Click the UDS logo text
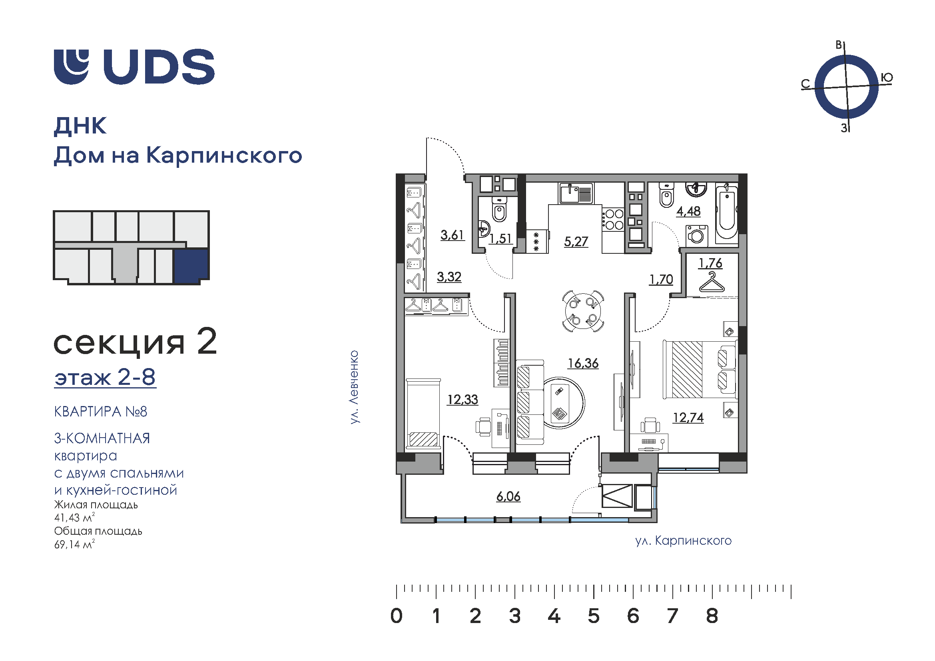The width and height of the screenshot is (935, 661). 159,67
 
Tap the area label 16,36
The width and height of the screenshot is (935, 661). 583,363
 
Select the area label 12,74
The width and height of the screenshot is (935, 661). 688,418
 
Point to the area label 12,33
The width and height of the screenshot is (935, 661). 463,400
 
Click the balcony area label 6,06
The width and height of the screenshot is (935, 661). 508,497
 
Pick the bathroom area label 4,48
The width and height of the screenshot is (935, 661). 689,212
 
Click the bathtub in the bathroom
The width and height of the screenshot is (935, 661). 726,213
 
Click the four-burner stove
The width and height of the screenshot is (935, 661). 613,219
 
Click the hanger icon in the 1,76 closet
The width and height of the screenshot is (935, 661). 712,282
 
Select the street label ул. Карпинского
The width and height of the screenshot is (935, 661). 683,541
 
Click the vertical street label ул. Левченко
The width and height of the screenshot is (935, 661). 354,387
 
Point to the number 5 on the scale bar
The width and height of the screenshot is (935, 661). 594,616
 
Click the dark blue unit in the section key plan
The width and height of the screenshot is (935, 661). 191,266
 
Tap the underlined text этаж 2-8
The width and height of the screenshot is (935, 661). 105,377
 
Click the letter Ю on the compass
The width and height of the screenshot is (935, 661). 887,78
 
